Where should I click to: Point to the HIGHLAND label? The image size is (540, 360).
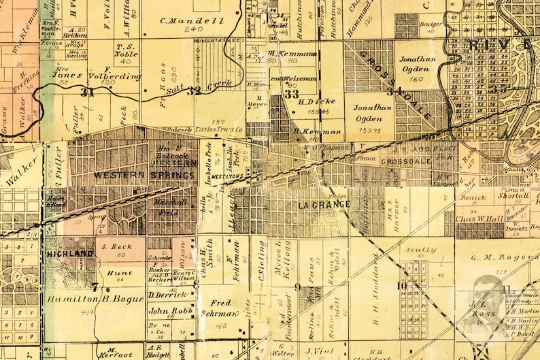(x=69, y=253)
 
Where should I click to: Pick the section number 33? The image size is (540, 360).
(x=291, y=94)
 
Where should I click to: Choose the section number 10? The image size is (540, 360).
(x=403, y=285)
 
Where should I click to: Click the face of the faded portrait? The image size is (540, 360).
(x=487, y=291)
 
